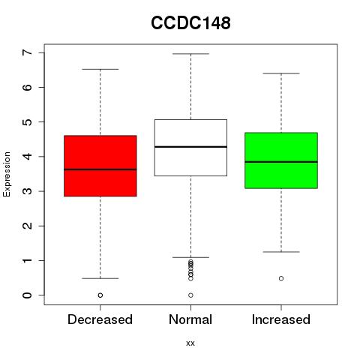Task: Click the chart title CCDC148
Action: click(x=190, y=23)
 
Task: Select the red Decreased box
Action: click(x=100, y=166)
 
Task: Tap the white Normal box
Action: click(x=190, y=148)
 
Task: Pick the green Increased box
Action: click(x=281, y=160)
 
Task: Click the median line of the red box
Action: click(x=100, y=169)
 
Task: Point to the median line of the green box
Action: click(x=281, y=162)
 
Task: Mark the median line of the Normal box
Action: click(x=190, y=147)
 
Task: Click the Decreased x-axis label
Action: click(x=100, y=319)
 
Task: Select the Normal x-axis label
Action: click(x=190, y=319)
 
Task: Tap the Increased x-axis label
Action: click(x=281, y=319)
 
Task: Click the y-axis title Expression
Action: click(x=7, y=174)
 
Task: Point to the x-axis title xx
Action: click(x=190, y=343)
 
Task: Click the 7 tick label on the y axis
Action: click(x=28, y=52)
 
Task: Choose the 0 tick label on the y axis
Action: click(x=28, y=295)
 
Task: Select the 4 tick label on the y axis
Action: click(x=28, y=157)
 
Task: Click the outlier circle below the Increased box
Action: click(x=281, y=278)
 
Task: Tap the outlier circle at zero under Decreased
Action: click(x=100, y=295)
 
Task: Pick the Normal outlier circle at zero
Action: click(x=190, y=295)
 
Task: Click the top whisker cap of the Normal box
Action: click(x=190, y=54)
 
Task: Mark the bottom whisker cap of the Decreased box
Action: click(x=100, y=278)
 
